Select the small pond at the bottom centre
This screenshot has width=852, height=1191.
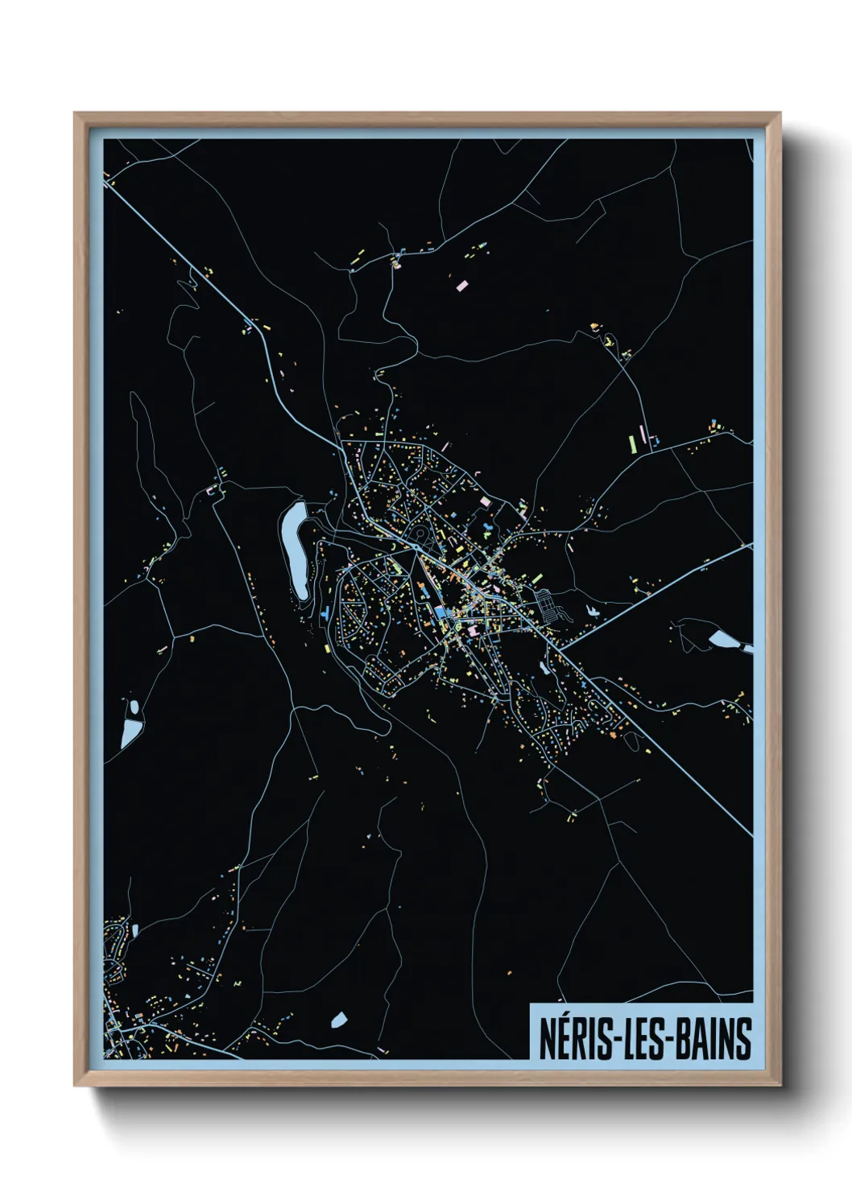pyautogui.click(x=339, y=1020)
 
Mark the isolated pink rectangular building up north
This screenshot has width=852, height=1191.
pyautogui.click(x=462, y=284)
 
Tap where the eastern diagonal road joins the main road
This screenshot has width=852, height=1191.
pyautogui.click(x=560, y=648)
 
